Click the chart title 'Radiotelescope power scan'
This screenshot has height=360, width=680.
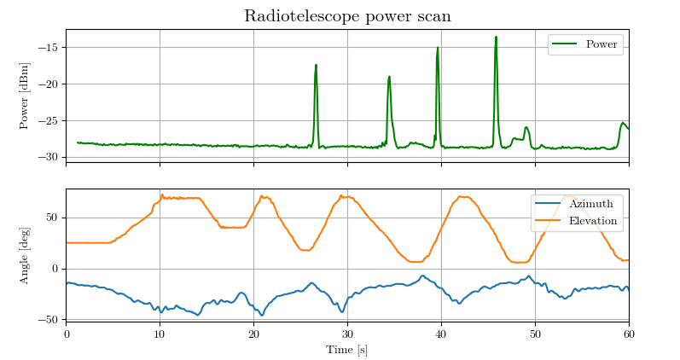[x=347, y=16]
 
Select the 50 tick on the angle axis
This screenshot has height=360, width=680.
[x=54, y=218]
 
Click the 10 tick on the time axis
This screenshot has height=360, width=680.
[x=160, y=334]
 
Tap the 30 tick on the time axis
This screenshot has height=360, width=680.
[x=347, y=334]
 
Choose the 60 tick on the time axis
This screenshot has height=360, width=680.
[x=629, y=334]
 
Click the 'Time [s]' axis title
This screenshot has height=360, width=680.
[x=347, y=350]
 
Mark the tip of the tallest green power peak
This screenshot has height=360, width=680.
[x=496, y=37]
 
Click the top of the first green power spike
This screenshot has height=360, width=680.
[x=316, y=65]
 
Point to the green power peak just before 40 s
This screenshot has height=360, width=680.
[x=438, y=48]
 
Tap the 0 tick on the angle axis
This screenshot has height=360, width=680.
[x=57, y=269]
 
